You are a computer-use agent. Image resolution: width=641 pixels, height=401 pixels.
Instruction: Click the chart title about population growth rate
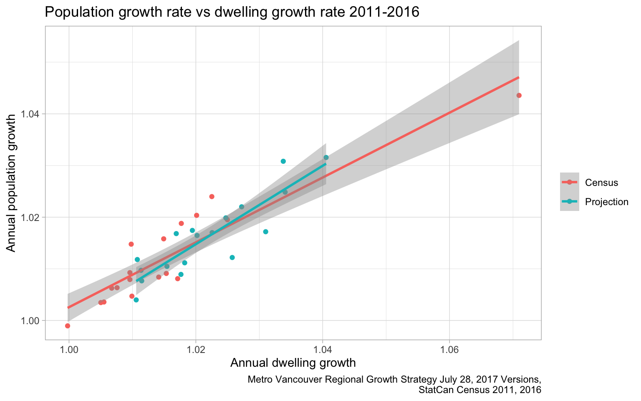[x=232, y=13]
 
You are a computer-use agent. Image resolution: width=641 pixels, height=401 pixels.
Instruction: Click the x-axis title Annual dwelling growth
[x=293, y=363]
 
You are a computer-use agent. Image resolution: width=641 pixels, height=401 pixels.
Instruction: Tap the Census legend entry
[x=601, y=183]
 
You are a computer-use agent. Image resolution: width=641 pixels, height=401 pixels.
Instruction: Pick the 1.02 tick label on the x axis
[x=196, y=348]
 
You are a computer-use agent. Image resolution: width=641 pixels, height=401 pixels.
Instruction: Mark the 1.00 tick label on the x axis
[x=69, y=348]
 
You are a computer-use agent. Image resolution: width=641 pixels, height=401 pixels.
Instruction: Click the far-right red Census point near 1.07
[x=519, y=95]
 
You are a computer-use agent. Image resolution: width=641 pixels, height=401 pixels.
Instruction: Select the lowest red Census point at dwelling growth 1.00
[x=68, y=326]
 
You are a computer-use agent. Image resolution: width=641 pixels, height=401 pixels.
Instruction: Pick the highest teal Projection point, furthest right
[x=326, y=157]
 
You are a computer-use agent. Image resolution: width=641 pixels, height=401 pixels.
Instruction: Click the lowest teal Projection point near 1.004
[x=136, y=300]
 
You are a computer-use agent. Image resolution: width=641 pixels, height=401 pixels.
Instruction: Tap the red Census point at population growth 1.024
[x=212, y=196]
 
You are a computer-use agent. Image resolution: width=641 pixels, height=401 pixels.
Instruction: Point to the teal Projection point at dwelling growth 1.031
[x=266, y=232]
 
